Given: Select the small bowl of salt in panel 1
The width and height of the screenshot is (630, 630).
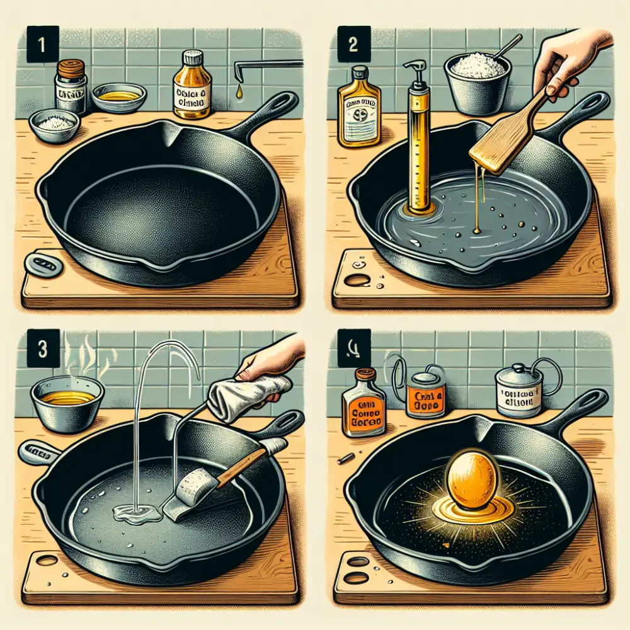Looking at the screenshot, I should click(x=54, y=124).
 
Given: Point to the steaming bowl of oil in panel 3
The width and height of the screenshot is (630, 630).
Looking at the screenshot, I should click(x=67, y=403).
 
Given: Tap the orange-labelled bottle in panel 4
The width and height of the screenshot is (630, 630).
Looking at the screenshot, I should click(x=364, y=404).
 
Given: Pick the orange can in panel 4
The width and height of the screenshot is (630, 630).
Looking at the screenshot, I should click(x=426, y=394).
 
